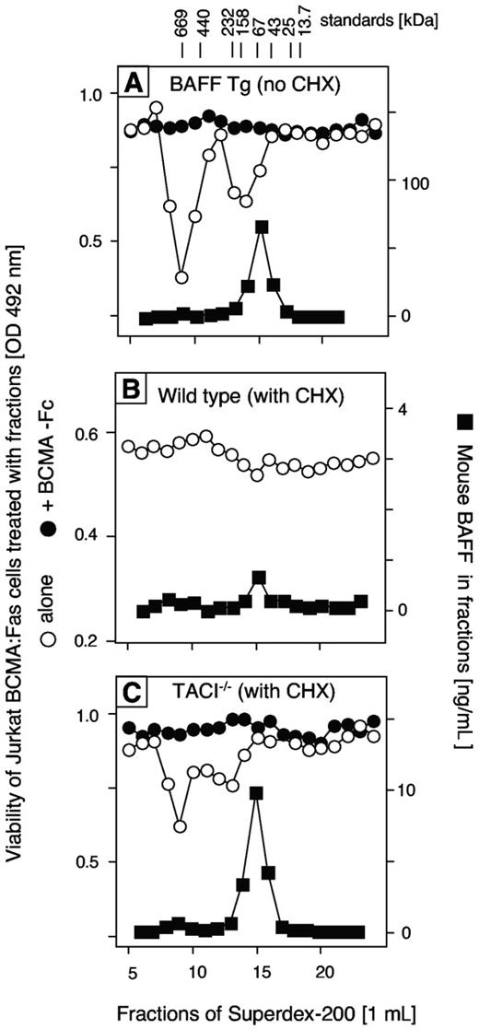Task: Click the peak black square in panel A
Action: pyautogui.click(x=262, y=227)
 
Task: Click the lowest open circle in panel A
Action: pyautogui.click(x=181, y=276)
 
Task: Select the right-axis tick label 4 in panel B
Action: pyautogui.click(x=403, y=408)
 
